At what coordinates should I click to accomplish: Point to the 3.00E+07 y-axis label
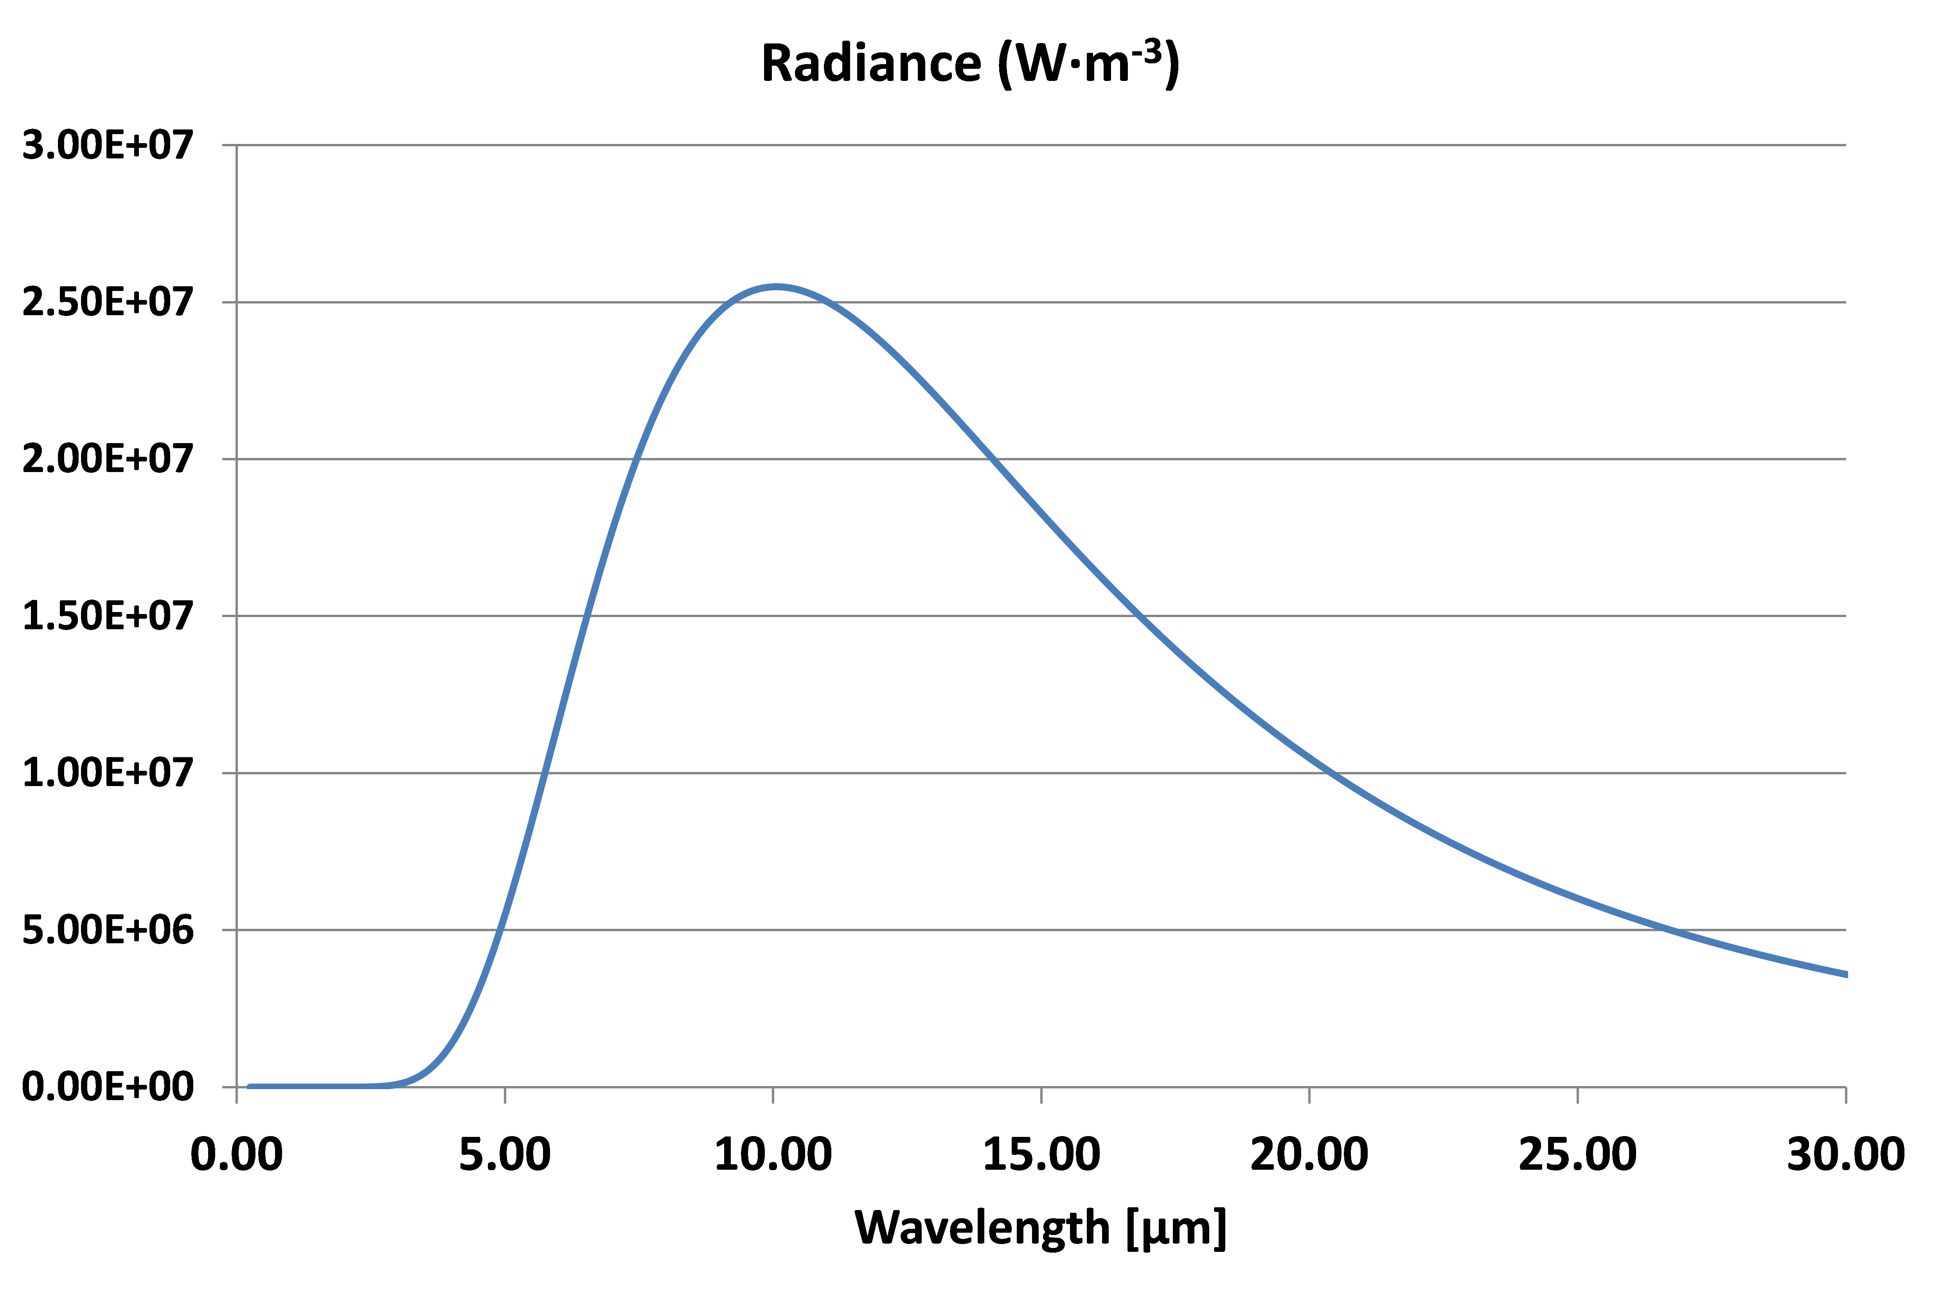(x=108, y=146)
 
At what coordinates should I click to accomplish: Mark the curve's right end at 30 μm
(x=1845, y=974)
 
